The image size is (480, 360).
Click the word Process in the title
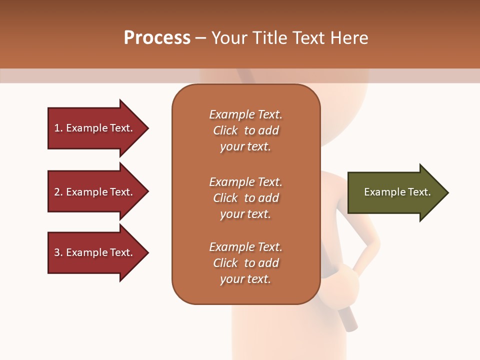(157, 38)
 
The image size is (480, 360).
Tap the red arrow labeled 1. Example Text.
(95, 128)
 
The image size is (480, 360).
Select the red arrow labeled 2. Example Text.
(95, 192)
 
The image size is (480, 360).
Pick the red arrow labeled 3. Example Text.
(95, 252)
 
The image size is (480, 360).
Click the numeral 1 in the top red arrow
(57, 128)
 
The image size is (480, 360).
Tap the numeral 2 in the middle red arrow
(57, 192)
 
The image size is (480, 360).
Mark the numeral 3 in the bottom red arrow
(57, 252)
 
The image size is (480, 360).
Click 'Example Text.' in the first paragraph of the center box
(245, 114)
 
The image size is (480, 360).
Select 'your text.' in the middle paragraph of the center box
(245, 214)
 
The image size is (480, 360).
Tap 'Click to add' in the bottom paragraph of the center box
(245, 263)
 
